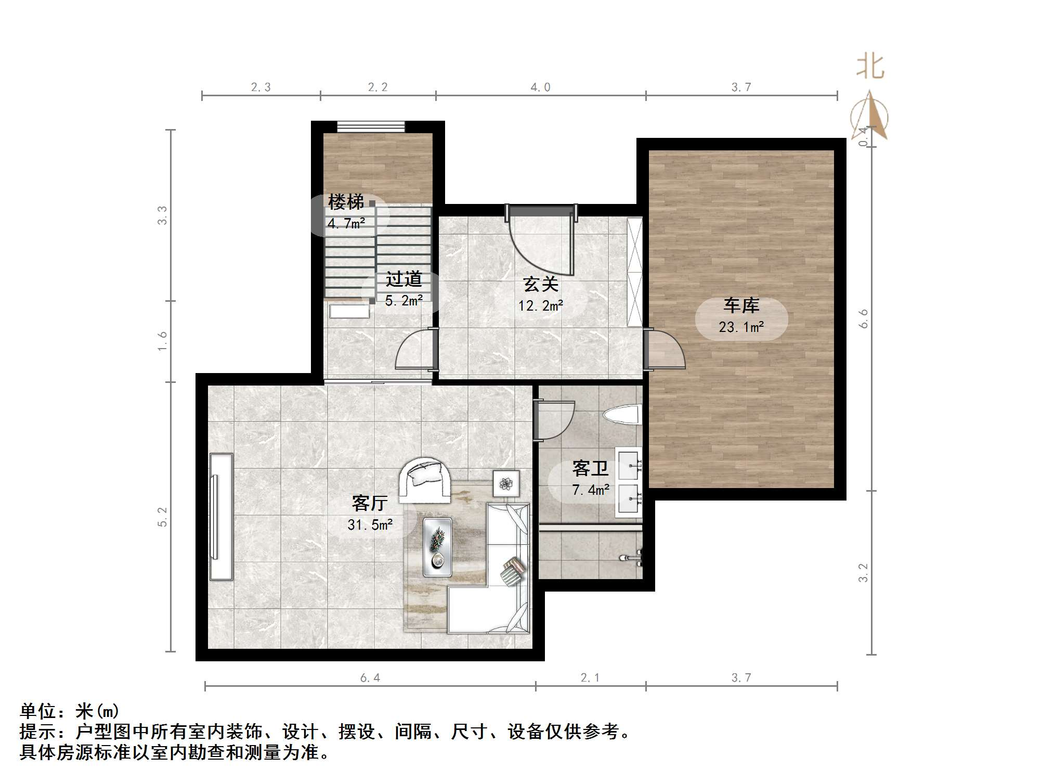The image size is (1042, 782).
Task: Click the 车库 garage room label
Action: coord(741,306)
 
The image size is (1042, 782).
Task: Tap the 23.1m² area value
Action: coord(741,327)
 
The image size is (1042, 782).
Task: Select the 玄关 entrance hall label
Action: coord(541,284)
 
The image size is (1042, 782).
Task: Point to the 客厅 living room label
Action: coord(370,503)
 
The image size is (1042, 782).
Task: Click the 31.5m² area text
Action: coord(370,525)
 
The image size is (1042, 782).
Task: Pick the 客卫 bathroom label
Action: coord(590,468)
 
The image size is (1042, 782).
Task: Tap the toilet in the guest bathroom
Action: coord(621,415)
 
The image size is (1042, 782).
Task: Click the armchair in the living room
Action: coord(425,480)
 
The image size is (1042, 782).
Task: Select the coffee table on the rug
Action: coord(437,547)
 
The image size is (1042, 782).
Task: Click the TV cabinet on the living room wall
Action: coord(220,516)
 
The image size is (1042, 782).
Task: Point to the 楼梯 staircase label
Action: coord(346,202)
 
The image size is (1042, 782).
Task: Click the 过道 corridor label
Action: coord(403,279)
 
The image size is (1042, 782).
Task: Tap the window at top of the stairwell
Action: coord(371,126)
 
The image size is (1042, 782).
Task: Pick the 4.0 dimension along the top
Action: coord(540,87)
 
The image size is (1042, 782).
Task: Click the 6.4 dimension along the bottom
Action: coord(370,677)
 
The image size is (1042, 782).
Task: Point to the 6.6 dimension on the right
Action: coord(864,318)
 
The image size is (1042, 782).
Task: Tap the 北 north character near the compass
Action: coord(870,68)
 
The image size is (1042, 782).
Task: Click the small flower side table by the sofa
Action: coord(506,483)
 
